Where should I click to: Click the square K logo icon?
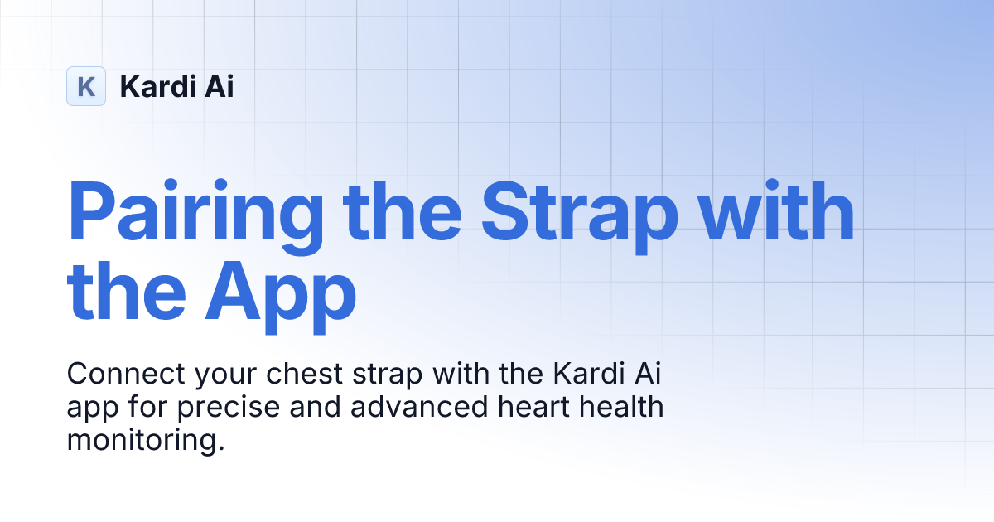[86, 86]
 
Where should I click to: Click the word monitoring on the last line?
[146, 441]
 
